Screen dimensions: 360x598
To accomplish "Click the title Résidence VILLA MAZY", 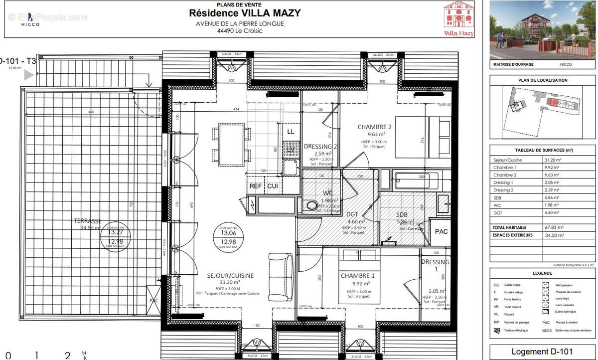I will (244, 13).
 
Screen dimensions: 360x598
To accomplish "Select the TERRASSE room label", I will (88, 220).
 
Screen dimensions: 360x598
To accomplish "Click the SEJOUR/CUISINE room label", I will (230, 275).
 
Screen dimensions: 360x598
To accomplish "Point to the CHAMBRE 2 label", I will (375, 127).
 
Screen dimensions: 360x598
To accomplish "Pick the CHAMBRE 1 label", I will (357, 276).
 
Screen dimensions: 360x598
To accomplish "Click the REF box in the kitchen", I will (256, 185).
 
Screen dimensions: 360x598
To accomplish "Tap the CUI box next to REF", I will (273, 185).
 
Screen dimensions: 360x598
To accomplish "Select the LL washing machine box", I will (291, 132).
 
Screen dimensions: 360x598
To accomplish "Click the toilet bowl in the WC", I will (312, 204).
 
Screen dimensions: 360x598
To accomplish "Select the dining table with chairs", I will (231, 143).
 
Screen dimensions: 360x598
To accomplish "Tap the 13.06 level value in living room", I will (228, 233).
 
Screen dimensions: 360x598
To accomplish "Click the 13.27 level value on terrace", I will (116, 232).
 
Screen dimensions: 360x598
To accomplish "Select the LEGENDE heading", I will (542, 273).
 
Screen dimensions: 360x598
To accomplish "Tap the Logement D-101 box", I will (542, 352).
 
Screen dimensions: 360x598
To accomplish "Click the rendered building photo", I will (542, 30).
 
